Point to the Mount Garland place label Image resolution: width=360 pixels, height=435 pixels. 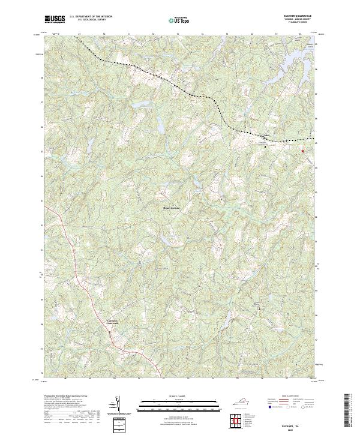point(172,208)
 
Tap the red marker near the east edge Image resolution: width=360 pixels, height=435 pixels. point(302,151)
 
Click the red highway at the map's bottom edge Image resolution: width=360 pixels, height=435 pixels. point(139,372)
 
